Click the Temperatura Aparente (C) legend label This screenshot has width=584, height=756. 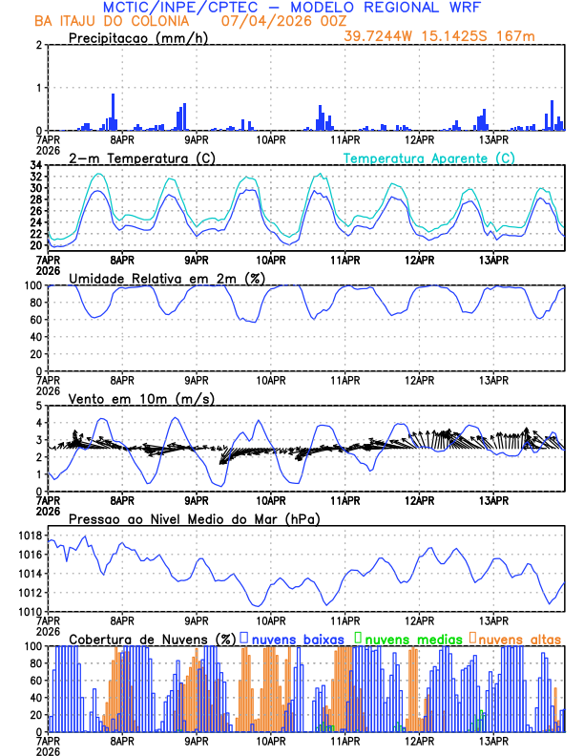click(x=428, y=157)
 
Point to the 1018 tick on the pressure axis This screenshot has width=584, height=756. click(x=29, y=535)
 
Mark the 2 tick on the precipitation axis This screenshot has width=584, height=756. click(x=38, y=46)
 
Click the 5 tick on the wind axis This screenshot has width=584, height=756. click(x=38, y=406)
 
